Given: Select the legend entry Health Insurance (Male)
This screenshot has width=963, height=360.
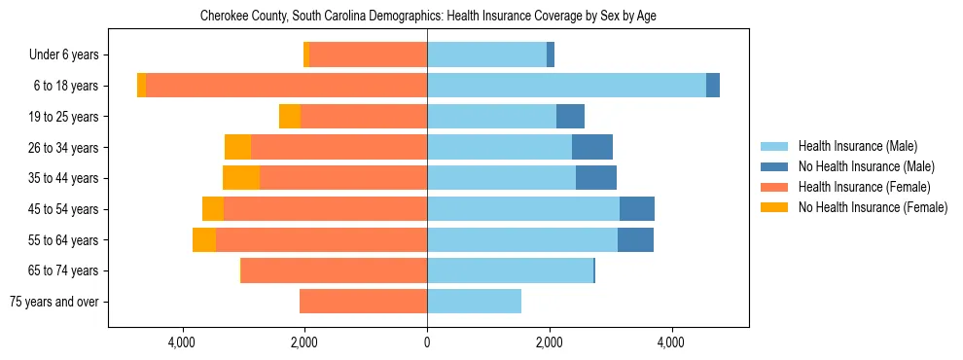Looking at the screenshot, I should pos(857,146).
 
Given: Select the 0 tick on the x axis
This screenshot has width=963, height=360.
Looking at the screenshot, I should pos(427,342).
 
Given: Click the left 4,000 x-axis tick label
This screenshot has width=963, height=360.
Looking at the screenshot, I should pos(183,342).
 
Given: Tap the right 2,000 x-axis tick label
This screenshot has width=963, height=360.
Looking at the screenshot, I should pos(549,342).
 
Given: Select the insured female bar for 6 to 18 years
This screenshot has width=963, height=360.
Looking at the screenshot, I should pos(286,86).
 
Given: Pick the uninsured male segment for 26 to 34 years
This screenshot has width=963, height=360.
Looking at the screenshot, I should pos(592,147).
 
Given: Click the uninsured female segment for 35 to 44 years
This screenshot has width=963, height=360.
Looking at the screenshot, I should pos(241,178).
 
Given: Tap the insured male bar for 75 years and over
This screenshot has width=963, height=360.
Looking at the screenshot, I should pos(474,302).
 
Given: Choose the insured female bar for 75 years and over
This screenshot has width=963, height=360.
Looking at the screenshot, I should pos(363,302).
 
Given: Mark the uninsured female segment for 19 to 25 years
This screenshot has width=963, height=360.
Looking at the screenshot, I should pos(290,117).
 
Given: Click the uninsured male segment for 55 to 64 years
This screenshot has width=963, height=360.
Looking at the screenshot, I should pos(635,239).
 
